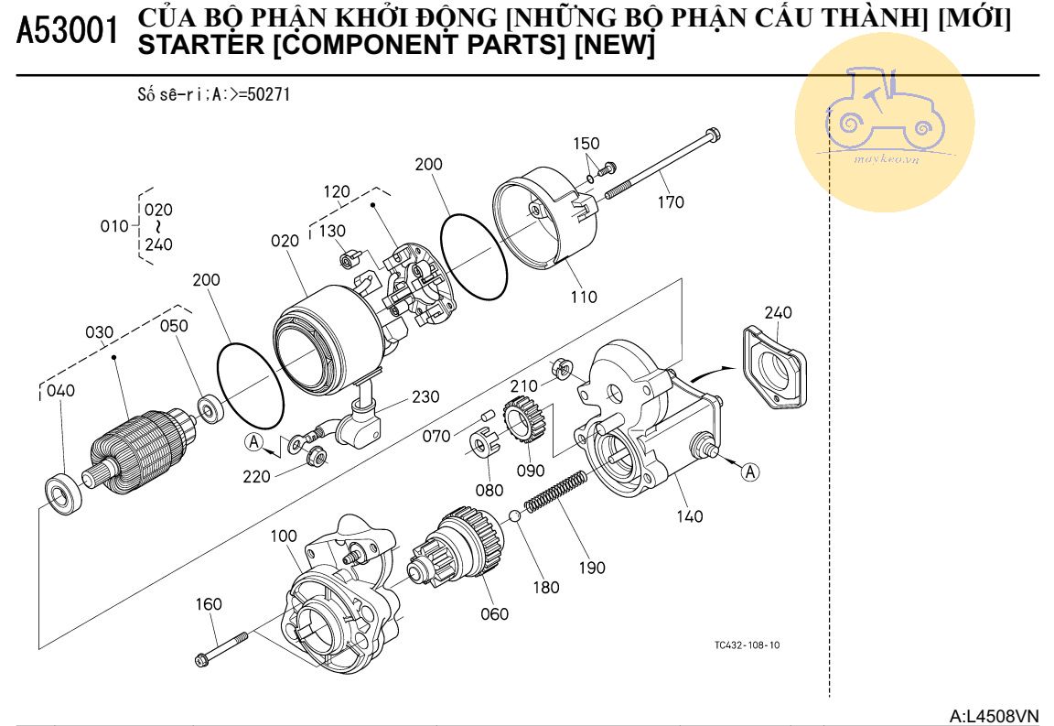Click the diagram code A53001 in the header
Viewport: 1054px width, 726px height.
[68, 33]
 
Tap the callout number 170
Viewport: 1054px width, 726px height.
[670, 202]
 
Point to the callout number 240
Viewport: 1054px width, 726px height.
[778, 313]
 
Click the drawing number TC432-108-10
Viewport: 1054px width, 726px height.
[747, 645]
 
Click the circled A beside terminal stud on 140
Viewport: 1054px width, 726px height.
[750, 472]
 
